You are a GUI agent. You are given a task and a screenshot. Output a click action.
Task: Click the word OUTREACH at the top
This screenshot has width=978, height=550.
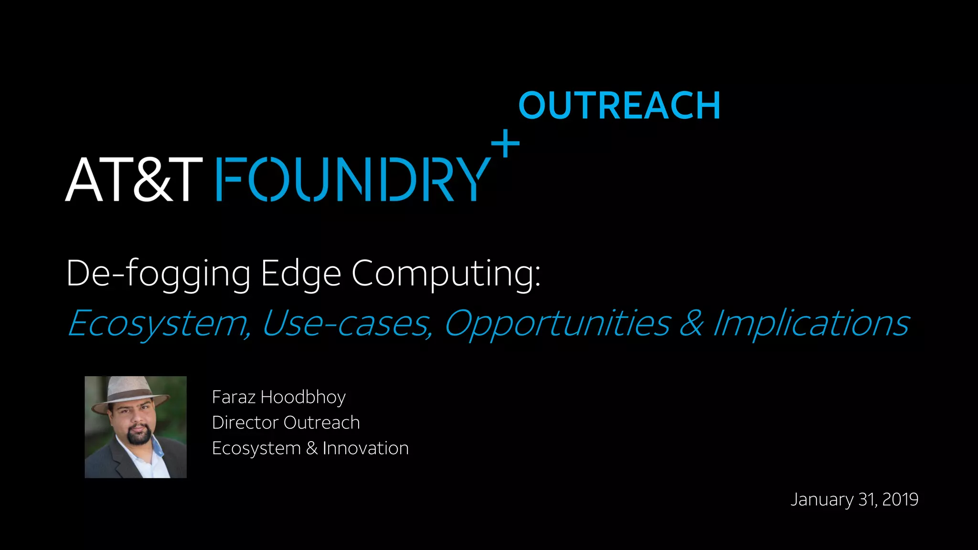[x=619, y=106]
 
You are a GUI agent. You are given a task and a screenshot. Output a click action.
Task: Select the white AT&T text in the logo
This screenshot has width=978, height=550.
[x=134, y=180]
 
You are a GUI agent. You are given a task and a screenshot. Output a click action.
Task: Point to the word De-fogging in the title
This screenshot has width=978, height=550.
[x=158, y=274]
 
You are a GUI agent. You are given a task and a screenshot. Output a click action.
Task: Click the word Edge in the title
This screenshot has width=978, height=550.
[x=301, y=274]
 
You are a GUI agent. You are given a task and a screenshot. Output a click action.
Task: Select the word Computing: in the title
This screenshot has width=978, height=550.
[x=446, y=274]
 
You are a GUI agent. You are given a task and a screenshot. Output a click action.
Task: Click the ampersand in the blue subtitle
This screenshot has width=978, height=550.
[x=691, y=324]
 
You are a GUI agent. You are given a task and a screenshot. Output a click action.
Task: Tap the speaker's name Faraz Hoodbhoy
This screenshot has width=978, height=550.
[x=278, y=397]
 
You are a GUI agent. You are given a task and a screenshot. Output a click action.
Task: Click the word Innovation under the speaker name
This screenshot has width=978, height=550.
[x=365, y=448]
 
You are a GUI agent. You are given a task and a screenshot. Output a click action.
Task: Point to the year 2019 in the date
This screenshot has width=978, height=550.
[x=900, y=499]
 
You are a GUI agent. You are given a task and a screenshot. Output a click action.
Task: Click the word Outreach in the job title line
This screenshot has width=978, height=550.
[x=321, y=423]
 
